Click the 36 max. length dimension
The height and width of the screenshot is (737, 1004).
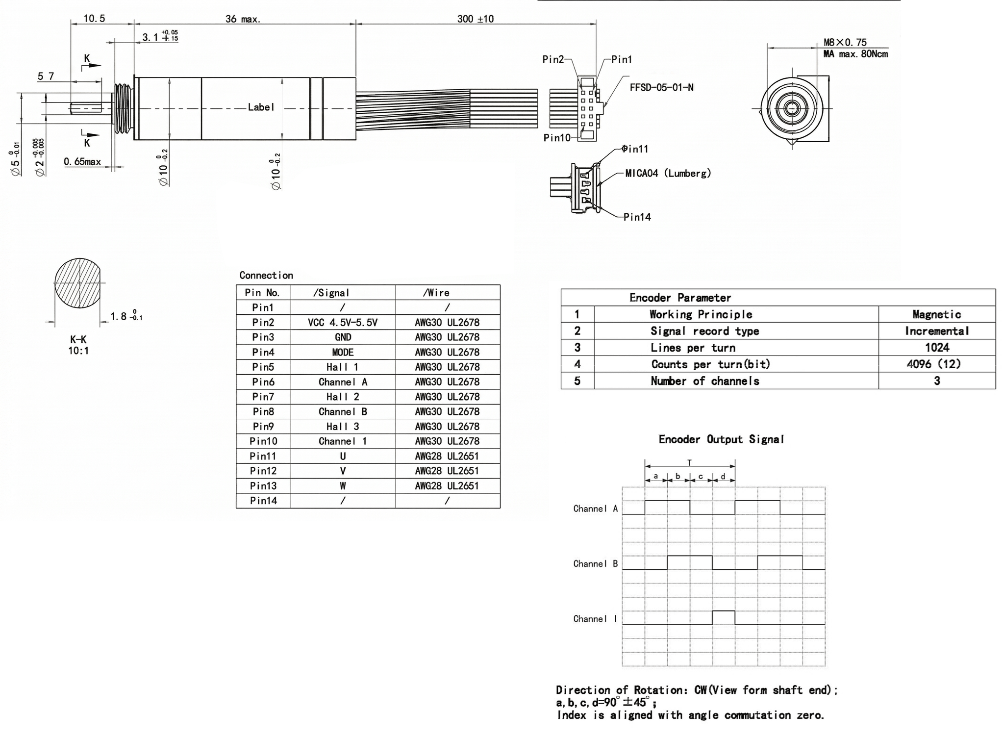(x=243, y=19)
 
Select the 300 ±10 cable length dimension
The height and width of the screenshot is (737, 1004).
(x=475, y=19)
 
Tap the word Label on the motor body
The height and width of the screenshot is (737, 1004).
(x=260, y=107)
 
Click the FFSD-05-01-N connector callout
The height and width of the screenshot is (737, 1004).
(x=661, y=88)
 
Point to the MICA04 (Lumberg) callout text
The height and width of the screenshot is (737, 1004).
(x=668, y=173)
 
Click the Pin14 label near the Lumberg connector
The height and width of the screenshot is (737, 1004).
(x=637, y=217)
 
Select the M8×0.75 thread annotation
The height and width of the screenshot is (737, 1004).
(x=845, y=43)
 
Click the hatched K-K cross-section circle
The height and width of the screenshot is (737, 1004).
(x=78, y=283)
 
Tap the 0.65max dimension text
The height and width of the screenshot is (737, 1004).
(x=82, y=162)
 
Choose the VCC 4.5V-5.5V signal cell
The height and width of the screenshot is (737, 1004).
(x=343, y=323)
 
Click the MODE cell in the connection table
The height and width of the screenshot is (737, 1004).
(x=343, y=353)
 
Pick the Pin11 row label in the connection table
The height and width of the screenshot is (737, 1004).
(x=263, y=457)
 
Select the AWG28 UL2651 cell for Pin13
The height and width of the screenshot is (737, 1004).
(x=447, y=486)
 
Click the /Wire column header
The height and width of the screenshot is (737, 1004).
(x=436, y=293)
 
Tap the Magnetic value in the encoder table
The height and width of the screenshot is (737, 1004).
(x=936, y=315)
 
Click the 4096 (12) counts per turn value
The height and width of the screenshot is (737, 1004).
(x=936, y=364)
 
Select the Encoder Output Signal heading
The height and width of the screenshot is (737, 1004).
(x=721, y=439)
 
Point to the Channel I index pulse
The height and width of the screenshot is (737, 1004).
(x=723, y=617)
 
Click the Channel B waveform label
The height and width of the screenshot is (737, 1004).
(x=595, y=564)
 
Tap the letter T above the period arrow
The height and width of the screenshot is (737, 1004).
(x=689, y=462)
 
